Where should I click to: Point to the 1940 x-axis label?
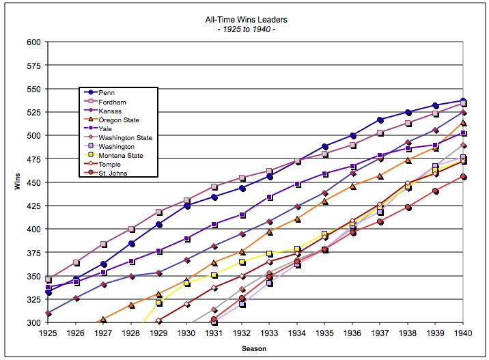(463, 333)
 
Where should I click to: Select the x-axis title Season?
(255, 348)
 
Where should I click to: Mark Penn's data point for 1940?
(463, 100)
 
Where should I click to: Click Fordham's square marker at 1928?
(131, 229)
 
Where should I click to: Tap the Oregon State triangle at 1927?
(103, 320)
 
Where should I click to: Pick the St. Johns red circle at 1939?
(435, 191)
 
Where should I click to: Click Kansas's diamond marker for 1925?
(48, 314)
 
